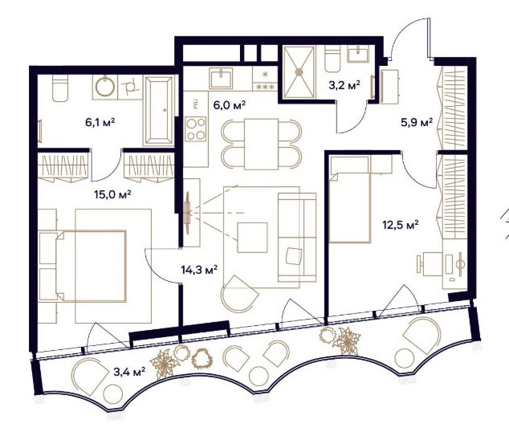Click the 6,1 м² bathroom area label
(x=100, y=122)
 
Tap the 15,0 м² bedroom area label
(x=112, y=194)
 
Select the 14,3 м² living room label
(x=199, y=270)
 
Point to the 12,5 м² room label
(x=401, y=225)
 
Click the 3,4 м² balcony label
(x=129, y=372)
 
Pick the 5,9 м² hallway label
(x=417, y=123)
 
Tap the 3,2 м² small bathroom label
(x=344, y=85)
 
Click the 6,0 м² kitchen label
(x=229, y=105)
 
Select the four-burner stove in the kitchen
(x=196, y=129)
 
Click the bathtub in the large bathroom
(x=158, y=110)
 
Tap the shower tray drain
(x=299, y=71)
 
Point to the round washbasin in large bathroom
(x=105, y=87)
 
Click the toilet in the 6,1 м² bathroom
(x=60, y=88)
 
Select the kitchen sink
(x=221, y=78)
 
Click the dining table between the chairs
(x=261, y=145)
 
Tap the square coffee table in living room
(x=253, y=238)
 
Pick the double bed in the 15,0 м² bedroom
(x=83, y=267)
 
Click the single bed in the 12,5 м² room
(x=350, y=199)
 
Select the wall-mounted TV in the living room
(x=188, y=213)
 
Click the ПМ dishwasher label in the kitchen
(x=195, y=105)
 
